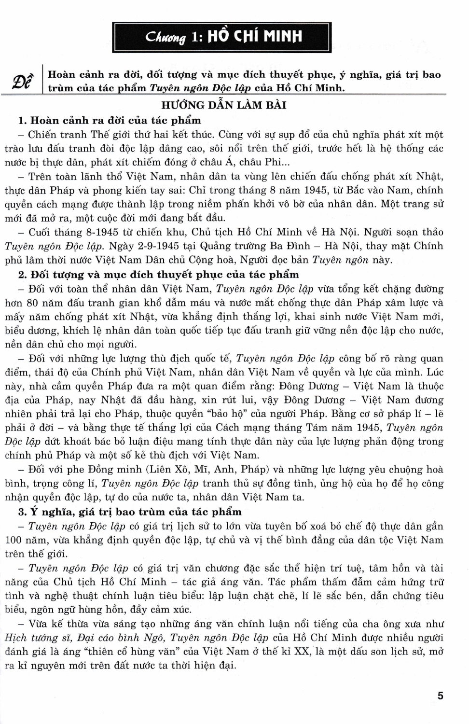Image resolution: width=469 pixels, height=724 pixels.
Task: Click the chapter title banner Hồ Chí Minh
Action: pyautogui.click(x=222, y=37)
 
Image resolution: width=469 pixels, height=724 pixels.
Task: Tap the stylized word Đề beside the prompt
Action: pyautogui.click(x=24, y=81)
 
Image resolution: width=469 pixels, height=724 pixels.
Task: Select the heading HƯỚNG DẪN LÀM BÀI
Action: pyautogui.click(x=224, y=105)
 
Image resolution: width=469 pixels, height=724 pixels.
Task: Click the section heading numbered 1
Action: pyautogui.click(x=109, y=120)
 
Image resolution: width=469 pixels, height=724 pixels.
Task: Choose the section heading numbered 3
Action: pyautogui.click(x=129, y=512)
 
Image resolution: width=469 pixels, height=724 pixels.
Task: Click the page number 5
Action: pyautogui.click(x=440, y=696)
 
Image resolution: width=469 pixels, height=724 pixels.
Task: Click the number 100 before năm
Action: pyautogui.click(x=14, y=540)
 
